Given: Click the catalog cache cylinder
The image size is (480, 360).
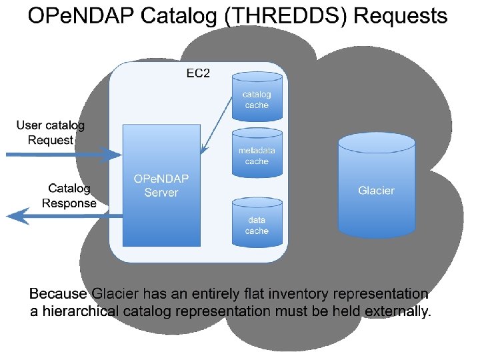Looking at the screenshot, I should point(257,97).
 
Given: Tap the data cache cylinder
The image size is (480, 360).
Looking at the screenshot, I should point(257,223).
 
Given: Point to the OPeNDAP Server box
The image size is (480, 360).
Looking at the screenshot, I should point(161,186).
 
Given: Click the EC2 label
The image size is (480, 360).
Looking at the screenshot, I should point(197,73).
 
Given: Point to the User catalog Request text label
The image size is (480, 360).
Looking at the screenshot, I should point(51,133).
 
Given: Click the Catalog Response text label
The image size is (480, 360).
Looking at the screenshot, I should point(69,196).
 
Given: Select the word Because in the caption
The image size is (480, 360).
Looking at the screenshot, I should point(58,294).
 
